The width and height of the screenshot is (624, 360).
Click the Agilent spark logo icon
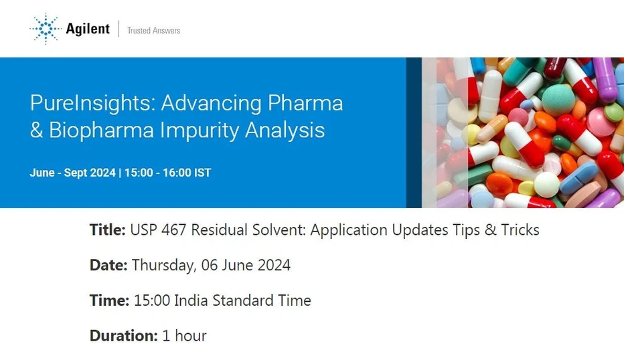pos(46,29)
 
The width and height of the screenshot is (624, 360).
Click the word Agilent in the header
pos(88,29)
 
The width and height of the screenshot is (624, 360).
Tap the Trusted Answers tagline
pos(153,30)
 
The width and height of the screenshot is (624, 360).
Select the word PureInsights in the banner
pos(92,104)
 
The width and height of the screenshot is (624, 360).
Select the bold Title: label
pos(108,230)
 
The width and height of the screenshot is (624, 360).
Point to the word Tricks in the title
pos(520,230)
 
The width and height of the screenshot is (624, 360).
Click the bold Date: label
pos(108,265)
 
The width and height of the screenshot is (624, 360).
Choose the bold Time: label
pos(109,300)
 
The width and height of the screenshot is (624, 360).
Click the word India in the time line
pos(191,300)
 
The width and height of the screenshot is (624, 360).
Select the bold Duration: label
pos(124,336)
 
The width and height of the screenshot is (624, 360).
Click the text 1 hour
pos(184,336)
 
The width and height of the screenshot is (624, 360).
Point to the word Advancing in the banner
pos(212,104)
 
